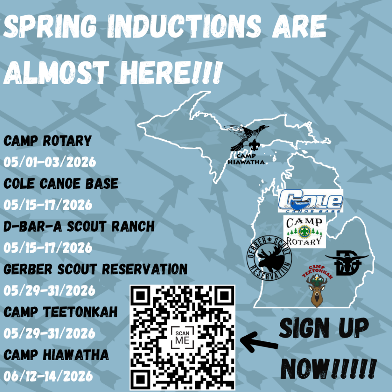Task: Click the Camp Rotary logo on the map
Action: pos(304,232)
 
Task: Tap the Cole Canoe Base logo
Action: pos(310,201)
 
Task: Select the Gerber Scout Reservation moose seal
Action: pos(269,258)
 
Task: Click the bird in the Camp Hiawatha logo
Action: pos(246,137)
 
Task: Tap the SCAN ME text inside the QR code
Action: pos(182,338)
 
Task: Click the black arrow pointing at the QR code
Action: pos(259,343)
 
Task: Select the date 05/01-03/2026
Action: pos(50,162)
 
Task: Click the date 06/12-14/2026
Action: pos(48,376)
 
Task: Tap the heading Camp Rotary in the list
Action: pos(47,141)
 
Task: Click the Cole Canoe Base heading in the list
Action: pos(61,183)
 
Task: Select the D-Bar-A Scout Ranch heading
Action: pos(79,227)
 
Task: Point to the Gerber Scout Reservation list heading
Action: pos(95,269)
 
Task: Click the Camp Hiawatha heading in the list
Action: pos(56,355)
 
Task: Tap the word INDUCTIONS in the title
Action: pos(184,26)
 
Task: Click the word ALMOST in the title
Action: pos(56,72)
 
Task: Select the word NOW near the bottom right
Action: pos(305,369)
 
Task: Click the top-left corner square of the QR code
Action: pos(140,296)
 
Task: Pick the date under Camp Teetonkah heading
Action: pos(49,333)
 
